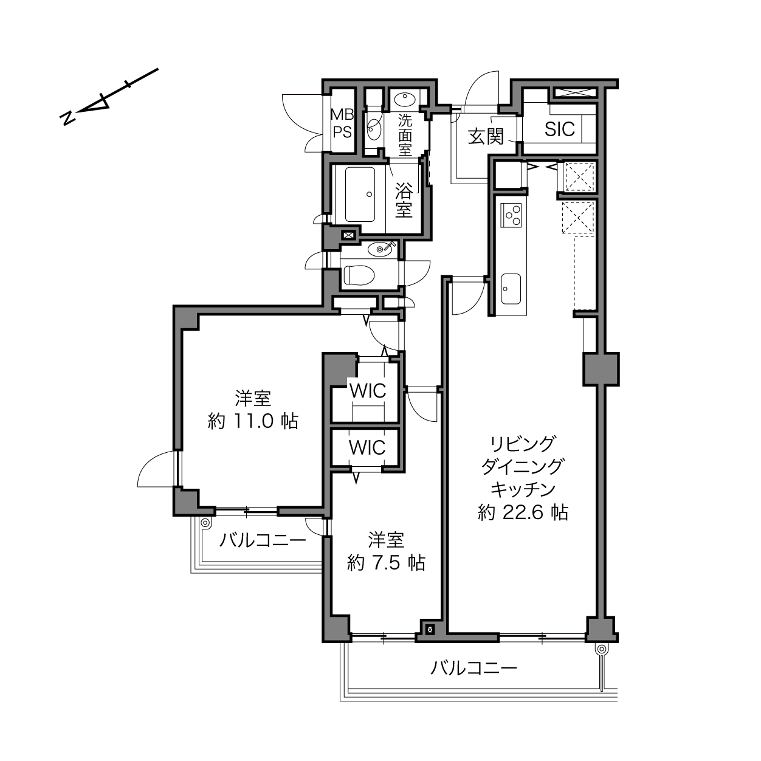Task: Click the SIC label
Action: [x=559, y=129]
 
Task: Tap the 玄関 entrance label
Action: [x=486, y=137]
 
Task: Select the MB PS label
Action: [x=342, y=123]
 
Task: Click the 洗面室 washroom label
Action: [x=405, y=135]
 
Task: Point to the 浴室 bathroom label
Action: [x=404, y=200]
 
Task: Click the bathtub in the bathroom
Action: [x=360, y=195]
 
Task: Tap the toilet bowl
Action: [x=359, y=275]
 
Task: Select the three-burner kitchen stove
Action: [x=511, y=215]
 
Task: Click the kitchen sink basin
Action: [x=511, y=289]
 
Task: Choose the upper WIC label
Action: [x=368, y=391]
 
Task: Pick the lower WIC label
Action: [x=367, y=447]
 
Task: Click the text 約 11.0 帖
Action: [x=253, y=421]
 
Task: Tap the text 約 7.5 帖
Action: [x=386, y=562]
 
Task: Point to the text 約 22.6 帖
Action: [x=523, y=512]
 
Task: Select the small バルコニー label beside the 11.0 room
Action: [x=263, y=540]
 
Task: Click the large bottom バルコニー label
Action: [x=473, y=668]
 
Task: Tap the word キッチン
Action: [x=523, y=490]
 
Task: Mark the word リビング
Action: [x=523, y=444]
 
